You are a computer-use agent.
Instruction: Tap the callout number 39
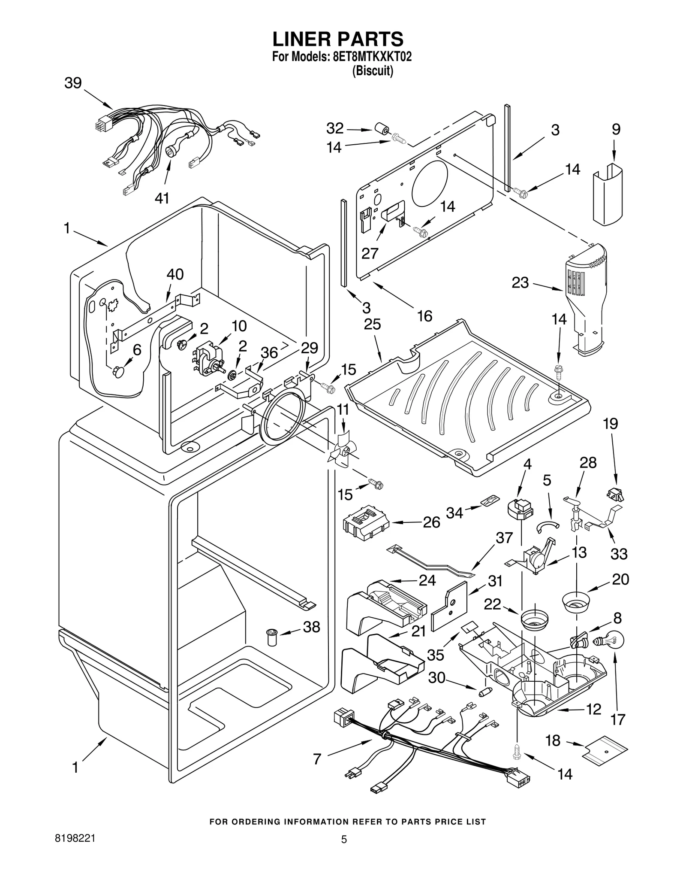(x=73, y=83)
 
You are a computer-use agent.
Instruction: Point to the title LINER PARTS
(x=338, y=39)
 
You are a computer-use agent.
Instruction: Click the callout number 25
(x=372, y=324)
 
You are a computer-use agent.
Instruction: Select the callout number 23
(x=520, y=283)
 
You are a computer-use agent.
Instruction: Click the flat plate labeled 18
(x=605, y=750)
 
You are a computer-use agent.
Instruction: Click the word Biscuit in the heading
(x=372, y=71)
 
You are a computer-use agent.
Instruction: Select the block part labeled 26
(x=365, y=521)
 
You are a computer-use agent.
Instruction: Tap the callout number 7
(x=317, y=759)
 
